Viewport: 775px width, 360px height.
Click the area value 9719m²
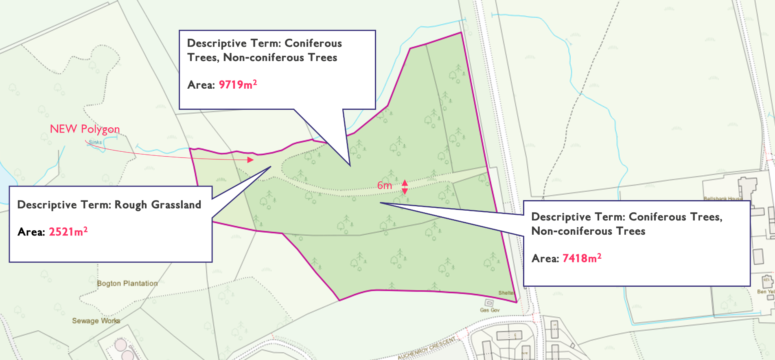click(238, 85)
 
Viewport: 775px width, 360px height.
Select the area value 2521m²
click(68, 232)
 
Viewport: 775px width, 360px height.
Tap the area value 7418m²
click(582, 258)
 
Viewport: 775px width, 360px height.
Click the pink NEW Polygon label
click(85, 129)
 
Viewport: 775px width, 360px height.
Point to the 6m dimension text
click(384, 185)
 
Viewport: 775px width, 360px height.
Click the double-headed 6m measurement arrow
click(405, 187)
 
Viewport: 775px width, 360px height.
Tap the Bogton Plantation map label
click(127, 283)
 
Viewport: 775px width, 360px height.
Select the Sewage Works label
click(96, 321)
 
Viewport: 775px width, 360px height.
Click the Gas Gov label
click(489, 310)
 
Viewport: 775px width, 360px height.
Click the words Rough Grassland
click(158, 205)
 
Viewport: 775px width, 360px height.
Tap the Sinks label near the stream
click(95, 142)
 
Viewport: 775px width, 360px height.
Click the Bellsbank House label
click(723, 199)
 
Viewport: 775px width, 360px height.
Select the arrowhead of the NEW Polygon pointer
click(251, 160)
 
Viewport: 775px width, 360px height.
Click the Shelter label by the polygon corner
click(506, 293)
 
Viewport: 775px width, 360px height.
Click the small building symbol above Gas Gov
click(489, 303)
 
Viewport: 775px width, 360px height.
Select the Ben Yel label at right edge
click(765, 292)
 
